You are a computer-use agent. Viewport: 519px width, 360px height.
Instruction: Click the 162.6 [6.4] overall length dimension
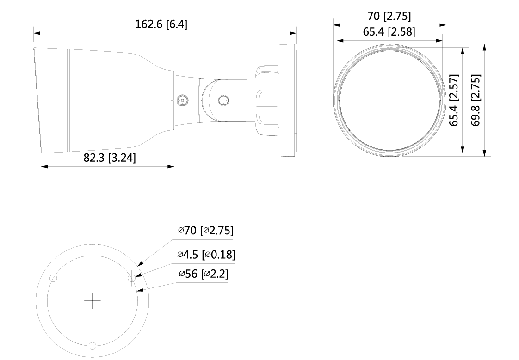(x=161, y=24)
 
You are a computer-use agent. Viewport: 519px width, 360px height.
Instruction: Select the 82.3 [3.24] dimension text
(x=110, y=158)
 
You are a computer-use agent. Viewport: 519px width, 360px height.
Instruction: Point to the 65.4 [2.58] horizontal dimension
(x=389, y=32)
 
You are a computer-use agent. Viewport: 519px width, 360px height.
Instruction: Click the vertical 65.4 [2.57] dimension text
(x=454, y=100)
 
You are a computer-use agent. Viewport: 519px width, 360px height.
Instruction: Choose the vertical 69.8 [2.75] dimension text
(x=476, y=100)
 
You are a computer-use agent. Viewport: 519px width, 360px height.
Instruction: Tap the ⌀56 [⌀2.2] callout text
(x=203, y=274)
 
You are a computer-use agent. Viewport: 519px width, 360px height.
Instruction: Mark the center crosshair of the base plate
(x=93, y=301)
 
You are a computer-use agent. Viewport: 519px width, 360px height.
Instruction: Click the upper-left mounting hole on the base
(x=53, y=279)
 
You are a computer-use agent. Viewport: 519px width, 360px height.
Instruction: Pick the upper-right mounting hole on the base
(x=132, y=278)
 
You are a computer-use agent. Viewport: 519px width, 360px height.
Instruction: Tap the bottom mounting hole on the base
(x=93, y=346)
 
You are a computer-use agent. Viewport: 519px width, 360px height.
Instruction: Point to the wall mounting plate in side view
(x=287, y=99)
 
